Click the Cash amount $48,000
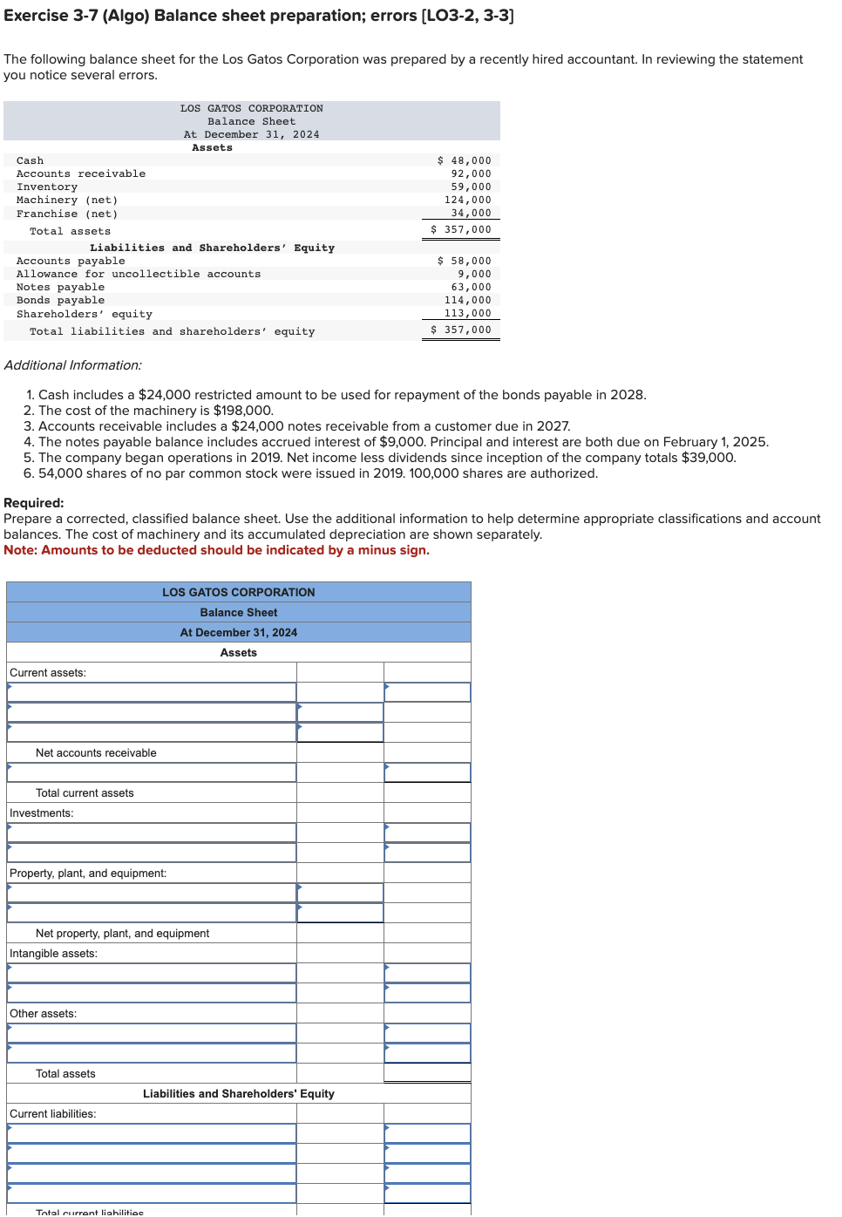(x=465, y=160)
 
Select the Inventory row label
(x=47, y=187)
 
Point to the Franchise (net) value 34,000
(x=471, y=213)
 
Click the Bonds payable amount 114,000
(x=468, y=300)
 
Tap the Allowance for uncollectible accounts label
(x=139, y=274)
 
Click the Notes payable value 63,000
(x=471, y=287)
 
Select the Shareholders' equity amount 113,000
(x=468, y=313)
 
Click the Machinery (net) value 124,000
(x=468, y=200)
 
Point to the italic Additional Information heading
(x=73, y=365)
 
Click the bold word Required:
(x=34, y=503)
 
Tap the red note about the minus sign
(x=216, y=550)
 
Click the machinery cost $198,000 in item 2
(x=243, y=411)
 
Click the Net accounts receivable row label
(x=96, y=753)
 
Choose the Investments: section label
(x=42, y=813)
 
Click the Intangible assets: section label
(x=54, y=954)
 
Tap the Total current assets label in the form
(x=85, y=793)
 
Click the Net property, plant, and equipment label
(x=122, y=934)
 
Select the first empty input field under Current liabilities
(x=152, y=1133)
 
